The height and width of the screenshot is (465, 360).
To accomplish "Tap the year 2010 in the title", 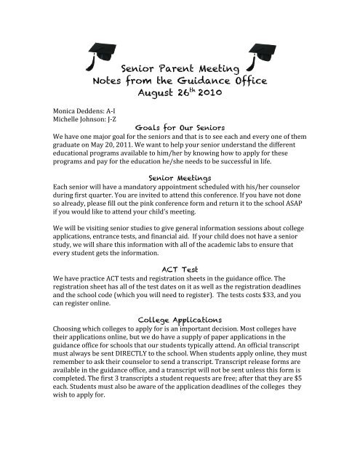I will tap(212, 94).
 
